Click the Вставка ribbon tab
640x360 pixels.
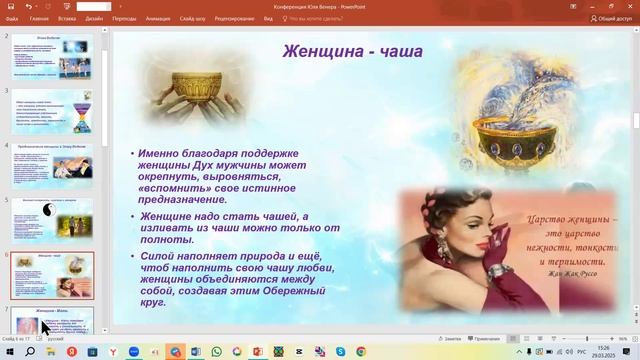point(67,18)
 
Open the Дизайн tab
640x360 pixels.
point(94,18)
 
